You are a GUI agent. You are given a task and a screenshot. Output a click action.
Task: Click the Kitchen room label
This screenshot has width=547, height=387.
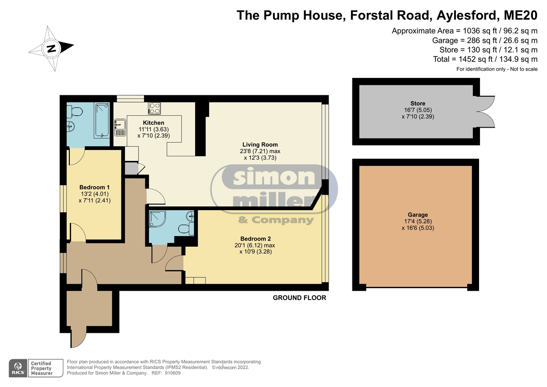pyautogui.click(x=153, y=123)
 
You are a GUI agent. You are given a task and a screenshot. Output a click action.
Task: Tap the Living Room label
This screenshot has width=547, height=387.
pyautogui.click(x=260, y=144)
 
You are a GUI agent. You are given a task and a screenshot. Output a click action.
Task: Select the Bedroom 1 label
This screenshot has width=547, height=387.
pyautogui.click(x=94, y=187)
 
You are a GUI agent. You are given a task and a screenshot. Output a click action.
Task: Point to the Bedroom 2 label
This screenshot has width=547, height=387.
pyautogui.click(x=255, y=238)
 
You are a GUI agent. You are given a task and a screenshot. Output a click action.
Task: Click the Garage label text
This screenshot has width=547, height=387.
pyautogui.click(x=418, y=215)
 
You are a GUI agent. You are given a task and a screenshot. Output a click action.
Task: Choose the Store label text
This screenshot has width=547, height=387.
pyautogui.click(x=418, y=103)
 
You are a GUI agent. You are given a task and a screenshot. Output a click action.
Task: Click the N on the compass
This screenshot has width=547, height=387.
pyautogui.click(x=51, y=49)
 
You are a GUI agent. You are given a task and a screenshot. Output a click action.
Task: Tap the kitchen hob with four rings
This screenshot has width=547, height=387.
pyautogui.click(x=155, y=108)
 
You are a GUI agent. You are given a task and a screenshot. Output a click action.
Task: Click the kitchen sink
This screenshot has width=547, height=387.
pyautogui.click(x=120, y=127)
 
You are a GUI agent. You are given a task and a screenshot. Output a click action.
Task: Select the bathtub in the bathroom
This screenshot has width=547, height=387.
pyautogui.click(x=102, y=120)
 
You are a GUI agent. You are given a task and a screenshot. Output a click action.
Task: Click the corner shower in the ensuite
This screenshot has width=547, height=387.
pyautogui.click(x=157, y=218)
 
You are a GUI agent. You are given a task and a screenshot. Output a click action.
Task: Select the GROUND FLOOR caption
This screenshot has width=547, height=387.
pyautogui.click(x=299, y=298)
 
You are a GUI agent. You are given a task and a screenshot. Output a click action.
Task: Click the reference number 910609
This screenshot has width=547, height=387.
pyautogui.click(x=173, y=373)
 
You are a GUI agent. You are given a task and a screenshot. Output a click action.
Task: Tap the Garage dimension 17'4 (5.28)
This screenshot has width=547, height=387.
pyautogui.click(x=418, y=221)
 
